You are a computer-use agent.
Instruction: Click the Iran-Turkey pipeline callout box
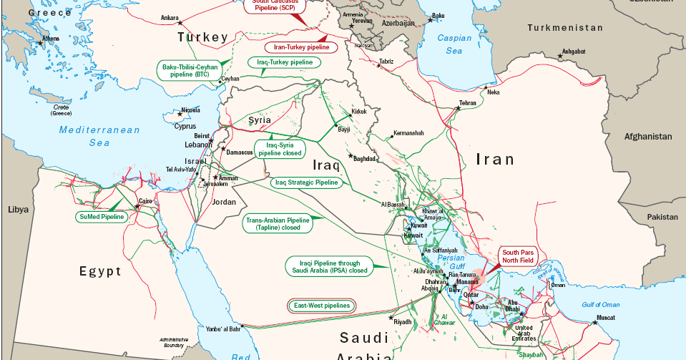click(x=301, y=47)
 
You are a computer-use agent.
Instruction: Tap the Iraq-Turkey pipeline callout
click(x=285, y=62)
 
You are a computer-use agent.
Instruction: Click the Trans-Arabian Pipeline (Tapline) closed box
click(x=278, y=224)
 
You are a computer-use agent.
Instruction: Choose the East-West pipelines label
click(x=322, y=305)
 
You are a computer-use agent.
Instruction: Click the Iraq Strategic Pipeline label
click(x=306, y=183)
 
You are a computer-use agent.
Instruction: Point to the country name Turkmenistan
click(x=565, y=27)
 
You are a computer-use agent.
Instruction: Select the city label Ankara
click(x=170, y=18)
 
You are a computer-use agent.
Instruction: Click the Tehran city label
click(x=467, y=103)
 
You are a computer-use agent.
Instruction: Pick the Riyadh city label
click(x=403, y=322)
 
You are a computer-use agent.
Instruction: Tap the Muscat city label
click(x=606, y=316)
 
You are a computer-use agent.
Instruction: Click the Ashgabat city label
click(x=574, y=52)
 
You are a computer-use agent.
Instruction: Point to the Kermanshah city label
click(x=408, y=133)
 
